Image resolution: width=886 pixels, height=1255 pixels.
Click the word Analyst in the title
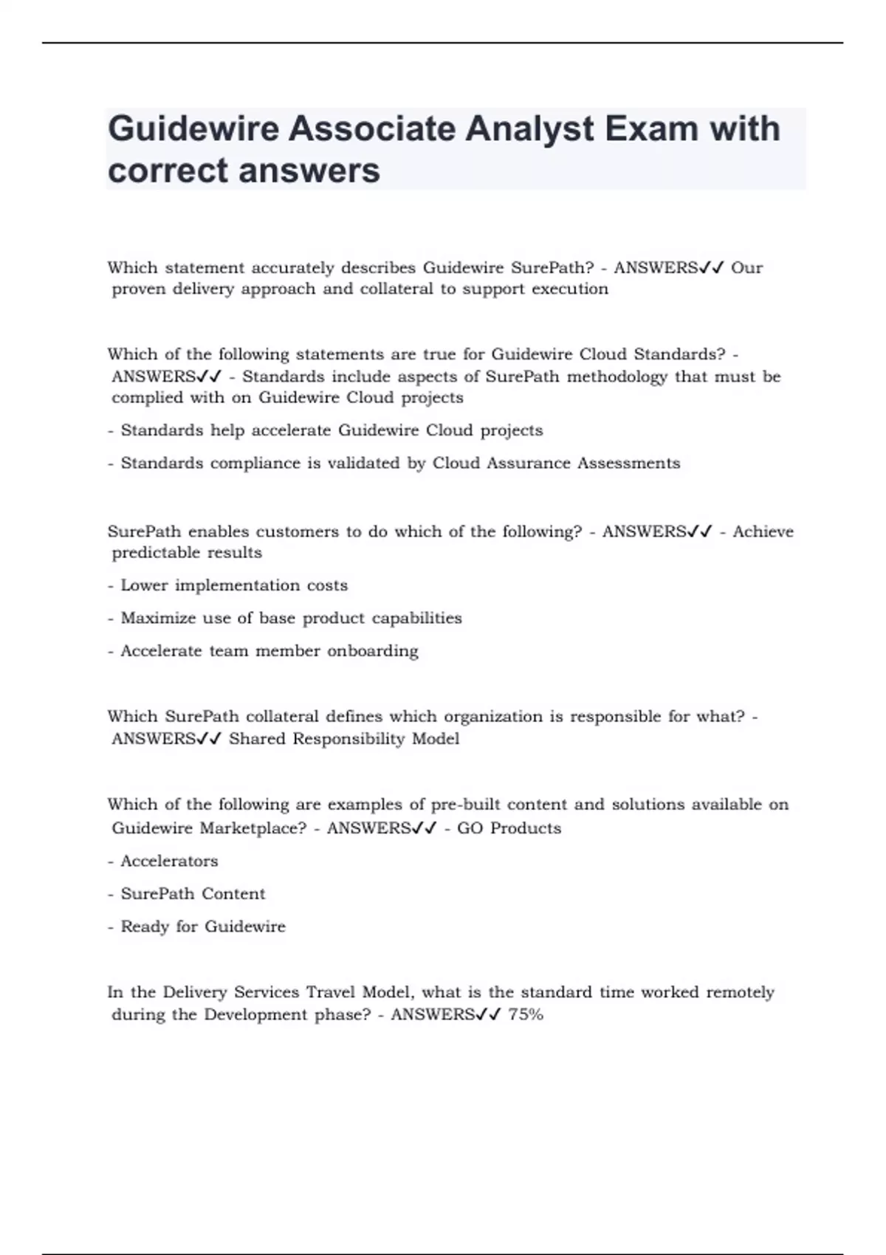(529, 128)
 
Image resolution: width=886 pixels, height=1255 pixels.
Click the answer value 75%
(526, 1014)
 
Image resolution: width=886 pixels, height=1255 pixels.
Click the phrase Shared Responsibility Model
(344, 739)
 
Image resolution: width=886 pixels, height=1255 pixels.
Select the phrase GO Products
(509, 828)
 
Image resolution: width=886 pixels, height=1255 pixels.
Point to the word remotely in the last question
(740, 992)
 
